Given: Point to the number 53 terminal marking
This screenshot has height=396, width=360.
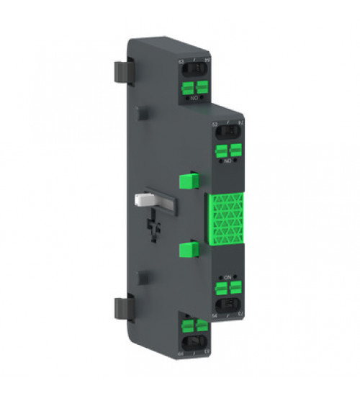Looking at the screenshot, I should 215,125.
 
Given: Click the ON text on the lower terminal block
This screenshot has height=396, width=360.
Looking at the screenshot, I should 227,278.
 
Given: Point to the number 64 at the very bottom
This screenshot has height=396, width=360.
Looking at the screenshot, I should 179,354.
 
